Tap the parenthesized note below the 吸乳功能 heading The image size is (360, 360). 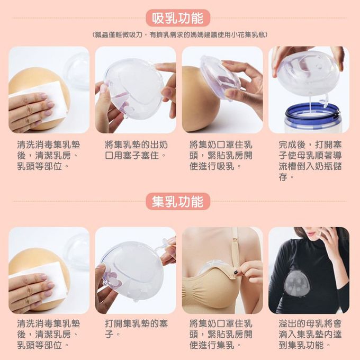click(x=180, y=34)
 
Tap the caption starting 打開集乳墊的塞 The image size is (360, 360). click(x=137, y=328)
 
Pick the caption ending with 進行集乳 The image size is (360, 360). click(x=221, y=334)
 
